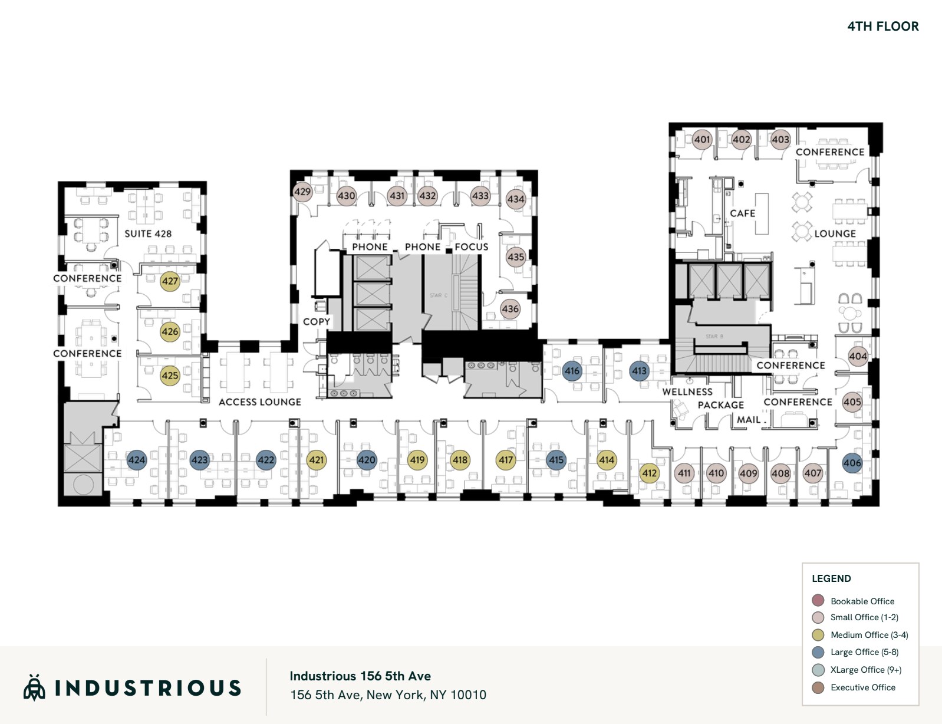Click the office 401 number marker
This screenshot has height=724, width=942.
(x=701, y=140)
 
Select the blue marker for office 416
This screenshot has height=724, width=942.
(x=572, y=371)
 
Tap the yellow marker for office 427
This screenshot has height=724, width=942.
(x=170, y=281)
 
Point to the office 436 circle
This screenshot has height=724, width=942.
(x=510, y=309)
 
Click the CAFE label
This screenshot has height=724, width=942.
(x=742, y=213)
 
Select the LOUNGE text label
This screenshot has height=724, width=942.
(x=835, y=233)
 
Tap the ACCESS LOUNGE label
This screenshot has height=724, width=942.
(x=259, y=402)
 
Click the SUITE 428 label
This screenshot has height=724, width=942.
(x=148, y=233)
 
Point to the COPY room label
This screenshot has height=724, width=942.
(x=316, y=322)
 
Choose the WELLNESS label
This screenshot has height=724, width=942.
(x=687, y=392)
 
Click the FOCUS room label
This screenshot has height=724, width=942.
(x=471, y=247)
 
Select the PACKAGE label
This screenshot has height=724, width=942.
(x=720, y=405)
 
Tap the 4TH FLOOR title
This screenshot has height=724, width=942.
(x=882, y=27)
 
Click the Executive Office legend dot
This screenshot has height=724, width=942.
(x=818, y=687)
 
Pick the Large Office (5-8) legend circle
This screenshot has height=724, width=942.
(x=818, y=652)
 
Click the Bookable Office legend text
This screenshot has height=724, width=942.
(x=862, y=601)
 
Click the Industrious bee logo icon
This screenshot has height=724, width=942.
(x=34, y=687)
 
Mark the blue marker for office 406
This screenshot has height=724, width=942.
(x=852, y=463)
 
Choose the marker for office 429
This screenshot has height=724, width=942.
(x=302, y=192)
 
